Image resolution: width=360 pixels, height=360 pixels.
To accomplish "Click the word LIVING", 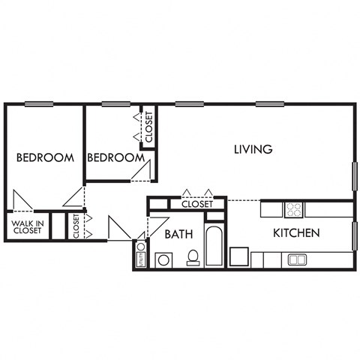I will [x=252, y=149].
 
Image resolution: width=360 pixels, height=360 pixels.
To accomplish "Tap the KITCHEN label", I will [x=296, y=233].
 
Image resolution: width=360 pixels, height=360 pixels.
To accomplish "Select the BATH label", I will [x=178, y=234].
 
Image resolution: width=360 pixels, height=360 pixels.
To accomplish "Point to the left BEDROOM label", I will [x=45, y=157].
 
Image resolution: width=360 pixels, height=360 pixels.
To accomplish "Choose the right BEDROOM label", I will [x=115, y=157].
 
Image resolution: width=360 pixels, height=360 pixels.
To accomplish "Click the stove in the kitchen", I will [x=293, y=209].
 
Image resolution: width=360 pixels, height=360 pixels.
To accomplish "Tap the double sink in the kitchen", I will [x=297, y=259].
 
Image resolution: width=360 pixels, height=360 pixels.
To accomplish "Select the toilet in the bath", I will [x=193, y=257].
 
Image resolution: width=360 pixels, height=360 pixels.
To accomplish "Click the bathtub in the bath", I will [x=214, y=245].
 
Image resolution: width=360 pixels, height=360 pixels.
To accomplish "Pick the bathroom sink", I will [x=163, y=259].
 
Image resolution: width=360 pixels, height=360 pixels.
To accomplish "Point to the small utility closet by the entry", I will [x=140, y=253].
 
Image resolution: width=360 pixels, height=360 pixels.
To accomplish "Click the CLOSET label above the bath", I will [x=197, y=203].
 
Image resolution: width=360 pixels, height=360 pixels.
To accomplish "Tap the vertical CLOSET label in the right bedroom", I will [x=148, y=127].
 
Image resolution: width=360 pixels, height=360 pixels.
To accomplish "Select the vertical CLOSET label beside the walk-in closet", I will [x=76, y=226].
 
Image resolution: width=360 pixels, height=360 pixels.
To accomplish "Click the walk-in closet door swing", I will [x=20, y=201].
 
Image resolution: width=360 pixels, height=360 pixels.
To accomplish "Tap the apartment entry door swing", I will [x=116, y=227].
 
